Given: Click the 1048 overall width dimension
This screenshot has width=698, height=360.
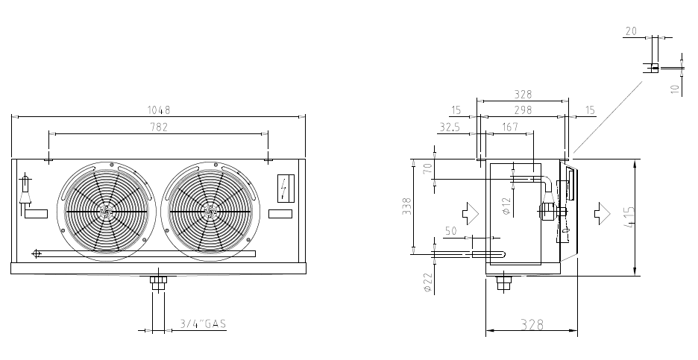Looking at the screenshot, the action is click(x=159, y=110).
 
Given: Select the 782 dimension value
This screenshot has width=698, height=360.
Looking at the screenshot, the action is click(x=159, y=127).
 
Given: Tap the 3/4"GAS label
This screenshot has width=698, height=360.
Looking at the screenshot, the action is click(x=203, y=323).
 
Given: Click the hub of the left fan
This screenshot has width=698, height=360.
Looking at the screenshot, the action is click(x=107, y=212).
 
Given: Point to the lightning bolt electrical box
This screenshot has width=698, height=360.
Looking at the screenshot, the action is click(x=286, y=189).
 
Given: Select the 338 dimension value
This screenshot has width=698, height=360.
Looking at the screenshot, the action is click(x=407, y=206).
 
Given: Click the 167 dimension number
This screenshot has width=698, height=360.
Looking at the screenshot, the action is click(x=509, y=127).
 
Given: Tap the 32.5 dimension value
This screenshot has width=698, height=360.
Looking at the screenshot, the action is click(x=449, y=127).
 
